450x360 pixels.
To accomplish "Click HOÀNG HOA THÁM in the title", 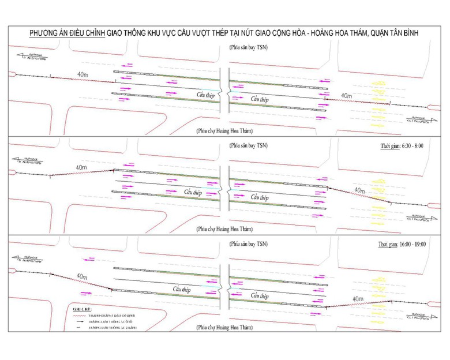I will pyautogui.click(x=337, y=35).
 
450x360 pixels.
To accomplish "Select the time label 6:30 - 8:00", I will pyautogui.click(x=410, y=147).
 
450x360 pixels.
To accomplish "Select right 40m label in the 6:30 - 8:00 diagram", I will pyautogui.click(x=358, y=190).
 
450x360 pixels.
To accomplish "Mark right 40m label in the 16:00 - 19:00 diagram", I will pyautogui.click(x=358, y=298).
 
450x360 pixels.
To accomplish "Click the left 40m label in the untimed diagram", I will pyautogui.click(x=83, y=73).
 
